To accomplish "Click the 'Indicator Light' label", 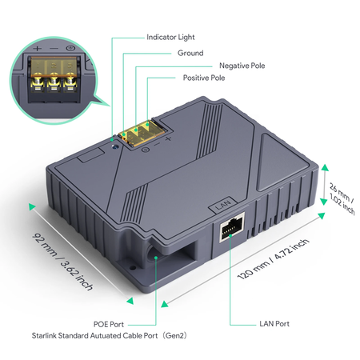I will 170,37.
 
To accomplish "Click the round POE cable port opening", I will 152,255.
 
